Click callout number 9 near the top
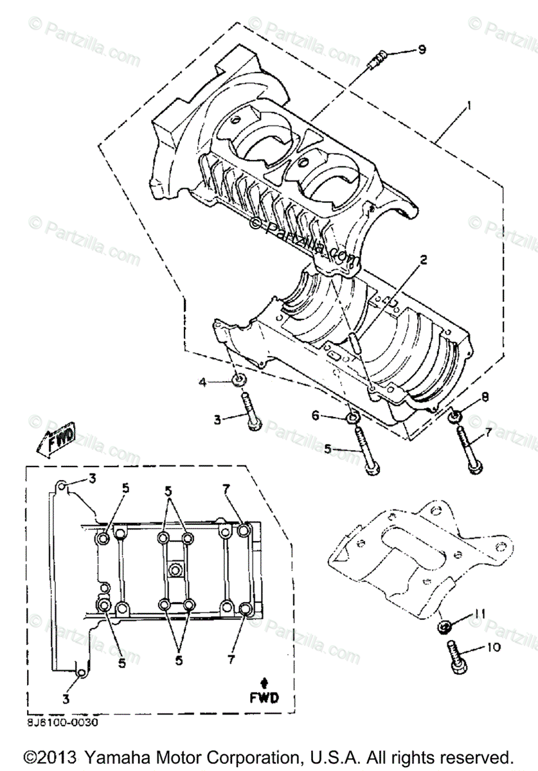pyautogui.click(x=422, y=49)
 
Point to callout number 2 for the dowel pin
pyautogui.click(x=423, y=260)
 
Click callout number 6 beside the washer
pyautogui.click(x=316, y=416)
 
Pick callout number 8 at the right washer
pyautogui.click(x=485, y=397)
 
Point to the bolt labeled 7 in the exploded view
pyautogui.click(x=467, y=452)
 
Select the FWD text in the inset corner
pyautogui.click(x=264, y=698)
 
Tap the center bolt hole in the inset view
pyautogui.click(x=175, y=570)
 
